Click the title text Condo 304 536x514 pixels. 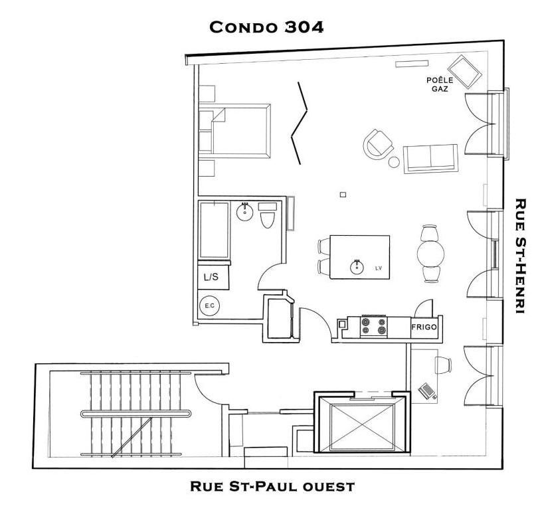(266, 27)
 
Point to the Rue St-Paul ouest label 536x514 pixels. (272, 487)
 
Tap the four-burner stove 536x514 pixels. (374, 326)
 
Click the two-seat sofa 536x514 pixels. (430, 158)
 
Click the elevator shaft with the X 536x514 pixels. (359, 426)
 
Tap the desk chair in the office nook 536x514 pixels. (443, 363)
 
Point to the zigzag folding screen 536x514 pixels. (300, 122)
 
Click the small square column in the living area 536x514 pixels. (343, 195)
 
